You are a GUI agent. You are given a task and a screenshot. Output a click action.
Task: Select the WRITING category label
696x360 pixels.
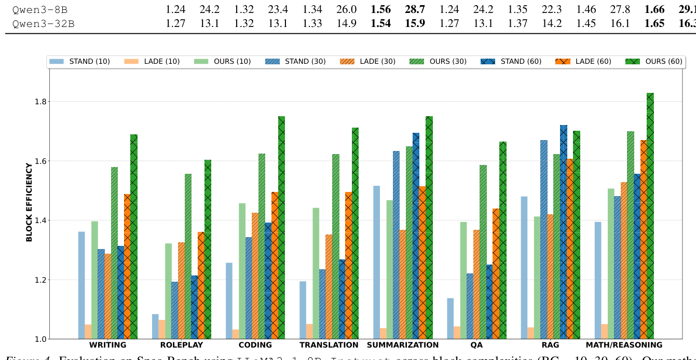pos(107,345)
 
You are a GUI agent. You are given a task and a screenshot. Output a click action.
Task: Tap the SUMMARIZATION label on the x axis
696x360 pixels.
pos(403,345)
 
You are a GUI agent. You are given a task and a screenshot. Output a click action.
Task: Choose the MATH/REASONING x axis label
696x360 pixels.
pos(624,345)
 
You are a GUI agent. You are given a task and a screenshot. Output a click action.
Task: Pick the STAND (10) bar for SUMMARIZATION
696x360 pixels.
pos(377,262)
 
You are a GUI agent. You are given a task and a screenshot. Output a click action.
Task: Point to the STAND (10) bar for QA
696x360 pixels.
pos(451,319)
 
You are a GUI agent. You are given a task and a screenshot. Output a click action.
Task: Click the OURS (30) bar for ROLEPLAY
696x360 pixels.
pos(188,256)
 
